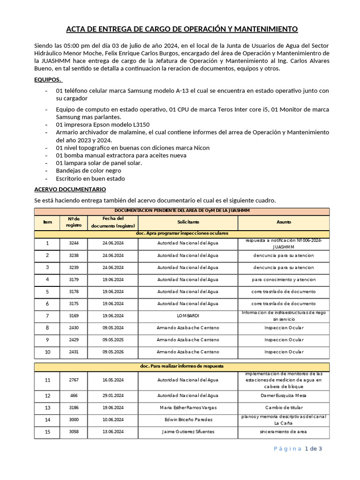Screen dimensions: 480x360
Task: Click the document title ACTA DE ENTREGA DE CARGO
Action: point(182,29)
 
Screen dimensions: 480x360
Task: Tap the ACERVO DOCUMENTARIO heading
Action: point(70,189)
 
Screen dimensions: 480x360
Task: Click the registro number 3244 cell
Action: point(74,243)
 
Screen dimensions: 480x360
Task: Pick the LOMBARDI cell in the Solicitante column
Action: point(187,316)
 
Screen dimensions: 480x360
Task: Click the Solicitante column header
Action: point(188,222)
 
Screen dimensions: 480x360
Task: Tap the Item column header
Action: point(47,222)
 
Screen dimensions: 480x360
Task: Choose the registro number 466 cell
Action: point(74,395)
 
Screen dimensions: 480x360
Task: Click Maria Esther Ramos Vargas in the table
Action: point(188,407)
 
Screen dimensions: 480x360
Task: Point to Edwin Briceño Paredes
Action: point(188,420)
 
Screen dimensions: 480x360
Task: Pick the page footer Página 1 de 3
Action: point(298,449)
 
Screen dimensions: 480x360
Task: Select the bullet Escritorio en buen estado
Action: point(90,179)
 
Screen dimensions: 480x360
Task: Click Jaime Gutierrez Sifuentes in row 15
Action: point(188,432)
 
